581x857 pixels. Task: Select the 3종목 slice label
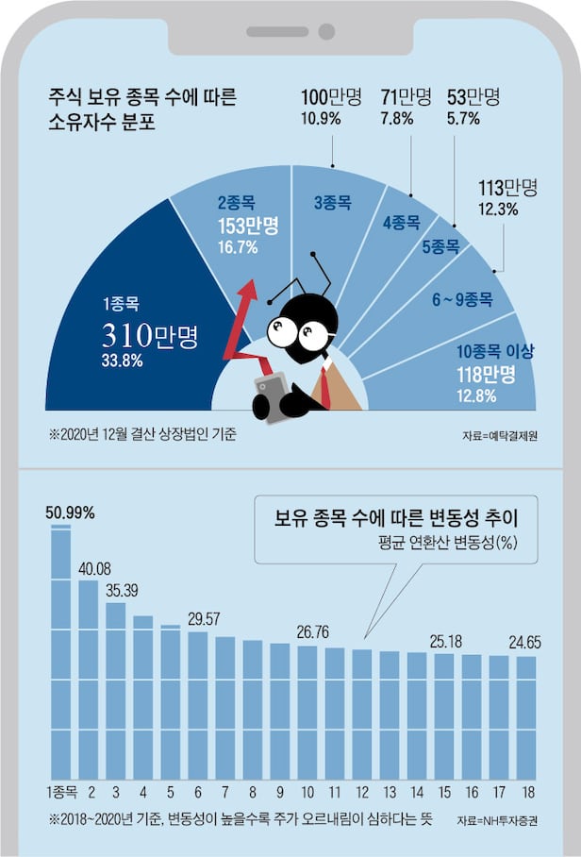(332, 201)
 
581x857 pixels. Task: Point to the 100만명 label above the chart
(328, 96)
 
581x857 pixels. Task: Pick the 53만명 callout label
(473, 96)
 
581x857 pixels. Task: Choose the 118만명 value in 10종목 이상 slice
(488, 375)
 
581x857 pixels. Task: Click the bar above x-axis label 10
(307, 708)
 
